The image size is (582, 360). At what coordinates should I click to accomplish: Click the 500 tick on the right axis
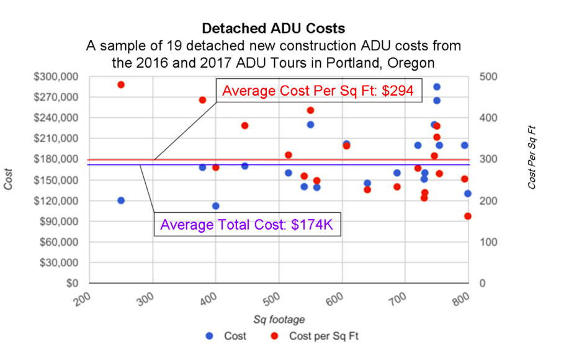point(488,76)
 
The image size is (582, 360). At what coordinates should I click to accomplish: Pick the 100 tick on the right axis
point(488,242)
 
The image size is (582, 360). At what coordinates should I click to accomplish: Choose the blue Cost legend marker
point(210,336)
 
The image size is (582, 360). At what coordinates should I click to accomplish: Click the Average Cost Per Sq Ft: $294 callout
point(318,91)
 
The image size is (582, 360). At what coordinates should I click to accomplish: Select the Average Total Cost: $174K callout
point(247,225)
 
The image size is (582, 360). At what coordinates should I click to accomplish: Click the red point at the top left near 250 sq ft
point(121,84)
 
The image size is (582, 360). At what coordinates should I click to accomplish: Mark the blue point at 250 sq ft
point(121,200)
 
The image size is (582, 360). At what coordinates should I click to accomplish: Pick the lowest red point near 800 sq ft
point(468,216)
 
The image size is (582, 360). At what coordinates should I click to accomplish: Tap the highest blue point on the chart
point(437,87)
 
